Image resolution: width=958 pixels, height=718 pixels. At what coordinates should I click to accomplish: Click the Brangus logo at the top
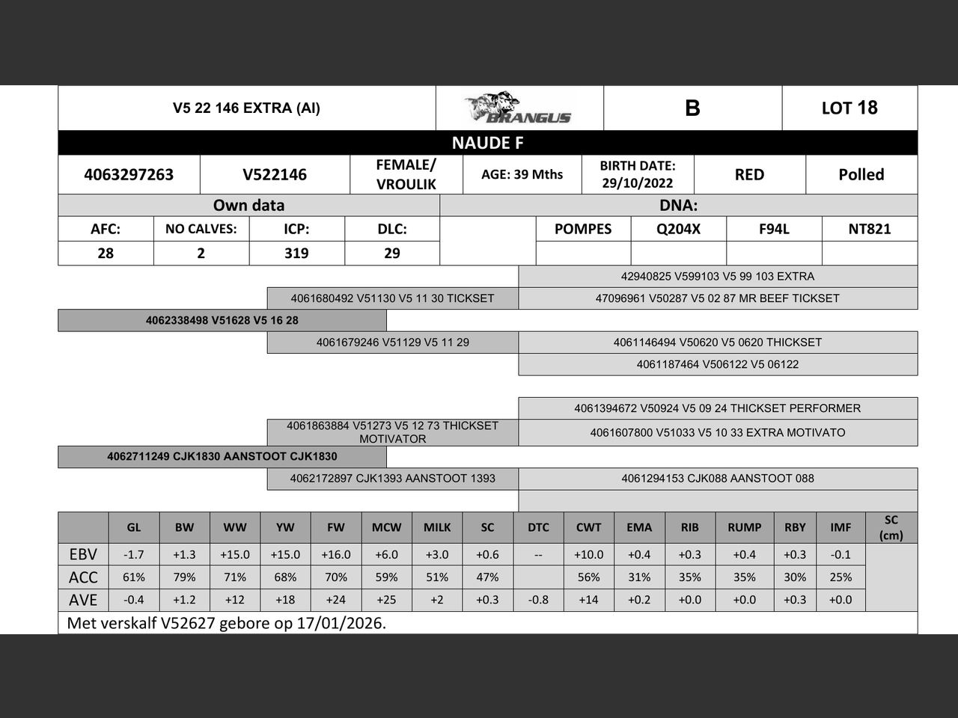point(519,108)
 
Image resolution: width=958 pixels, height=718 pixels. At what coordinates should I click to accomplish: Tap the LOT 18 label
point(849,108)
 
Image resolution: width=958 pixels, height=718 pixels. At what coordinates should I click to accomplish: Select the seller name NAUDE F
point(487,143)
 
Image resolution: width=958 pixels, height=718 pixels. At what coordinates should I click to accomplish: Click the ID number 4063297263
point(129,175)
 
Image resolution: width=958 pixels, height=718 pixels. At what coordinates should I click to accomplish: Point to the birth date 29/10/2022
point(638,183)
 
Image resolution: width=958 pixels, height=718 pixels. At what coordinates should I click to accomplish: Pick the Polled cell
point(861,175)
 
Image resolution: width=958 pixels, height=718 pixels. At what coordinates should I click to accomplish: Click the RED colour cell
point(749,175)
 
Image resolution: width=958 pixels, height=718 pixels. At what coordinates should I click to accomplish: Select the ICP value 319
point(296,254)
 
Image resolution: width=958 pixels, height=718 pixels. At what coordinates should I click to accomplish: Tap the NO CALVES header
point(201,229)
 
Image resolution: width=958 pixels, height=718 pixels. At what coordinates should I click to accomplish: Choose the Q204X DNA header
point(678,229)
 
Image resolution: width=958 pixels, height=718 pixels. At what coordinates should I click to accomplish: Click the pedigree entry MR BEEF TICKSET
point(717,298)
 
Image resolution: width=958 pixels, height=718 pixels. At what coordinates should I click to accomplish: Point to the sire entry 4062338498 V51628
point(222,320)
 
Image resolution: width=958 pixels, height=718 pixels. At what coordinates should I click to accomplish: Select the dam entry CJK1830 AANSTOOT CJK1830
point(222,456)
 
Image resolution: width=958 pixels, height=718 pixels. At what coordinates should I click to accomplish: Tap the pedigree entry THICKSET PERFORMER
point(717,408)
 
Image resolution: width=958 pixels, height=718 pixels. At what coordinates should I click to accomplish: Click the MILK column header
point(437,527)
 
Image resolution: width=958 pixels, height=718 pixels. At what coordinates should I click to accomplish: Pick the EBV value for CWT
point(588,555)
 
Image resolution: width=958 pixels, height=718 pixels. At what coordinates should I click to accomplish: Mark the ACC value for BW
point(184,577)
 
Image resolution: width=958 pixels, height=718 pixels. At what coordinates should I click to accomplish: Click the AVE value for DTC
point(538,600)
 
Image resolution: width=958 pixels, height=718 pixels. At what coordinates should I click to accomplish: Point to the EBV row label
point(83,555)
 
